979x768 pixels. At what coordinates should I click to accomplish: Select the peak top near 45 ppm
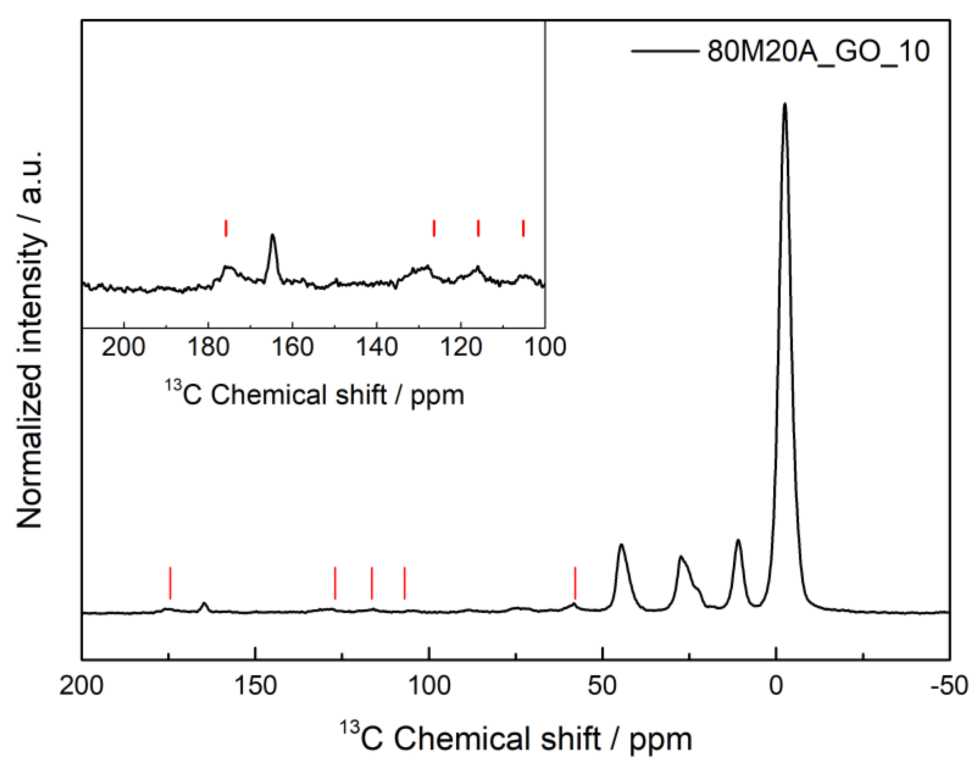(x=621, y=545)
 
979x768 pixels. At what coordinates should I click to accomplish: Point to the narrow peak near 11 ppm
(x=738, y=541)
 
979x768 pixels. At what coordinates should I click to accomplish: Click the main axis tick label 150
(x=256, y=686)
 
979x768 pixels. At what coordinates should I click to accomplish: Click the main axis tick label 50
(x=603, y=686)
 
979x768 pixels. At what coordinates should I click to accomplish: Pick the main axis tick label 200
(x=82, y=686)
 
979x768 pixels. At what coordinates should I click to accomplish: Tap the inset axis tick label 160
(x=292, y=347)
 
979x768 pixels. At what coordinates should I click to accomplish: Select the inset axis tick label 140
(x=376, y=347)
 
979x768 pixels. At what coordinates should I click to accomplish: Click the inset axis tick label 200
(x=124, y=347)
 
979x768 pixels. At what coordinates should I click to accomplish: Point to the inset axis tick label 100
(x=545, y=347)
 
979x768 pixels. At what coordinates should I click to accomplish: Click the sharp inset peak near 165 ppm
(x=272, y=236)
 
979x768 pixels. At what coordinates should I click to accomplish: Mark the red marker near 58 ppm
(x=575, y=583)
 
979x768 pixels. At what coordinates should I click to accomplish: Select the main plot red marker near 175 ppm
(x=170, y=583)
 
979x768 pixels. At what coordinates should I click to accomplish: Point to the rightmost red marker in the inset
(x=523, y=228)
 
